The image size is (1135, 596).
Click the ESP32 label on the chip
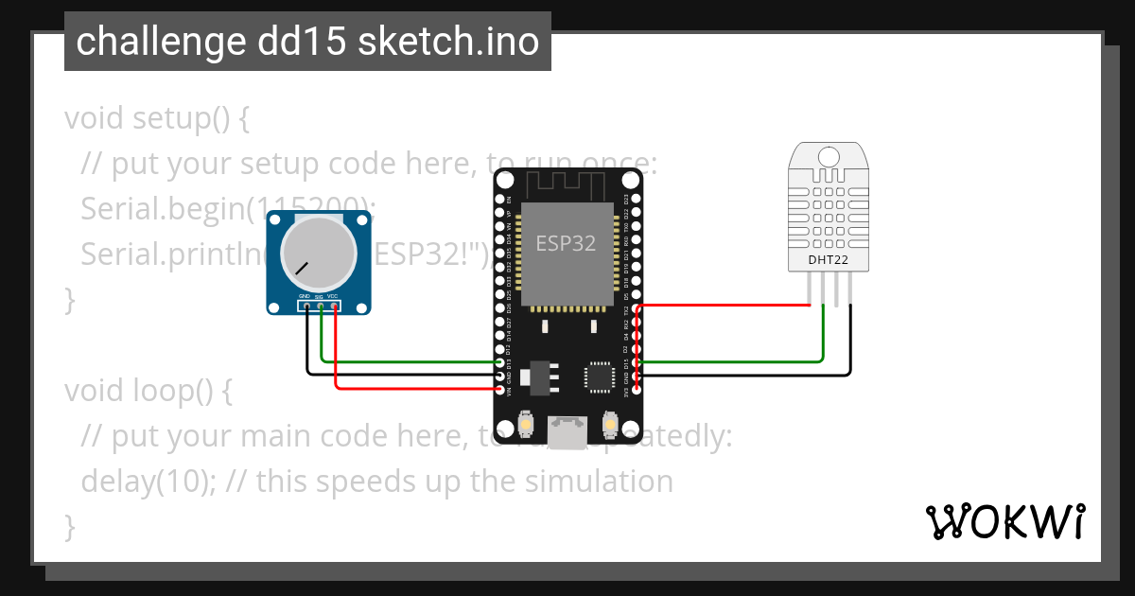coord(566,243)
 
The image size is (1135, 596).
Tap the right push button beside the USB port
coord(610,426)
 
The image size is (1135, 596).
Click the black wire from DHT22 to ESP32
coord(757,376)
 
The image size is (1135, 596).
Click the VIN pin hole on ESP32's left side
coord(501,389)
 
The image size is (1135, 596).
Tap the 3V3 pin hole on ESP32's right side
coord(636,389)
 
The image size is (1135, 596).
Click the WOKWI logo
coord(1004,521)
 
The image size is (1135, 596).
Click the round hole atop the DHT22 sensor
coord(829,155)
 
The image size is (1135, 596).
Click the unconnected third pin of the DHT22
coord(837,289)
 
